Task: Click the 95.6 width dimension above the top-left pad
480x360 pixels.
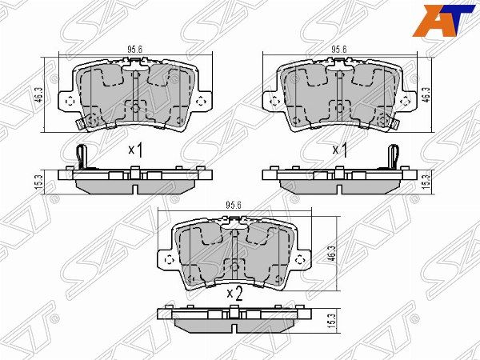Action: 134,50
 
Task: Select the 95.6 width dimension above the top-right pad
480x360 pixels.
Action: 338,50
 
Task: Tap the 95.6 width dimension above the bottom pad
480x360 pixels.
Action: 234,205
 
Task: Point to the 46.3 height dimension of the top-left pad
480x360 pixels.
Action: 39,94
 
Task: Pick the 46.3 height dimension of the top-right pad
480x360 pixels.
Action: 426,94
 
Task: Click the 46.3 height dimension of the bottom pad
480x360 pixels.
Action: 333,254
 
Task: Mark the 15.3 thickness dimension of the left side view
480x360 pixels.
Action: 39,182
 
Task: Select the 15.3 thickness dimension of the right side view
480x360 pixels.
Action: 426,182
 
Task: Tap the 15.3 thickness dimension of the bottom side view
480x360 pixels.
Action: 333,321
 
